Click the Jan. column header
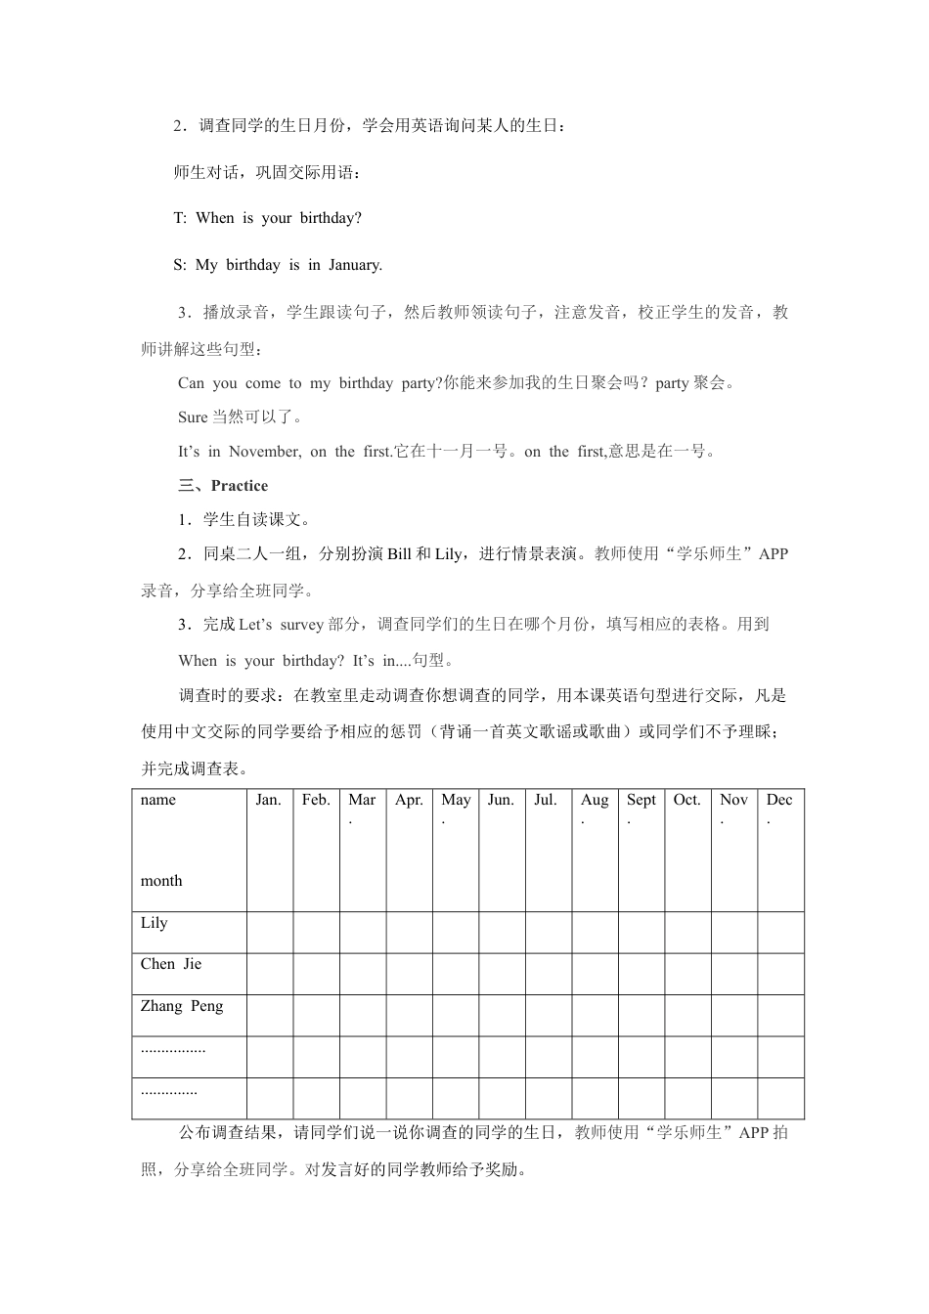[269, 800]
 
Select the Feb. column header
[316, 800]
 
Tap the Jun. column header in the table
[501, 800]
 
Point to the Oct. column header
[687, 800]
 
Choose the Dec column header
[779, 800]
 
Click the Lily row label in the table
[155, 923]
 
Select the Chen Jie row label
[171, 964]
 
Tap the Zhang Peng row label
[182, 1006]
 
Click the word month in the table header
[161, 881]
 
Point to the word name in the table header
[158, 800]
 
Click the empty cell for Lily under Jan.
[270, 933]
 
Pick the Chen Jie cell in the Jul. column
[548, 974]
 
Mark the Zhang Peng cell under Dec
[780, 1016]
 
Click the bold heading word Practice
[240, 486]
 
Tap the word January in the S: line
[355, 265]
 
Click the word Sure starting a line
[193, 417]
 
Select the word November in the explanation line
[265, 452]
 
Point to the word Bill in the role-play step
[399, 554]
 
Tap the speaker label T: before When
[180, 218]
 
